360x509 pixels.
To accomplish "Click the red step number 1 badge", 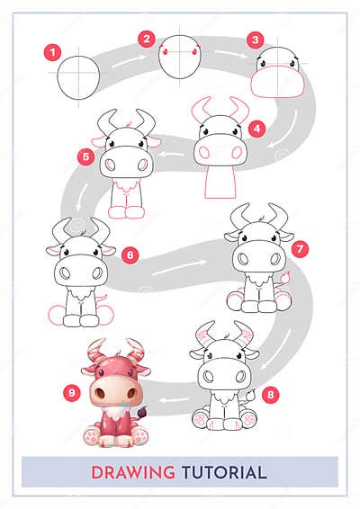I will point(52,51).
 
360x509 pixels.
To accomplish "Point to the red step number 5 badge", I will point(86,156).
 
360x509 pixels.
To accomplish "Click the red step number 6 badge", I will point(130,254).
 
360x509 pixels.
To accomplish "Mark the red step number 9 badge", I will point(72,391).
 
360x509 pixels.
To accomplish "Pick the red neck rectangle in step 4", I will point(219,181).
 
